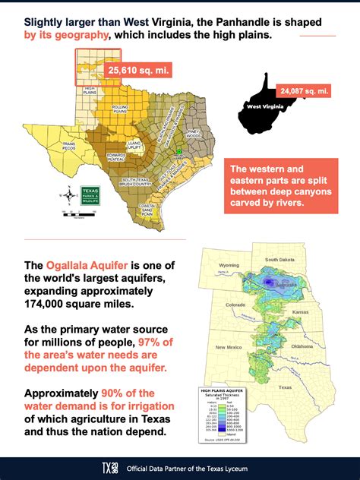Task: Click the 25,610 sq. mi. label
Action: click(x=137, y=71)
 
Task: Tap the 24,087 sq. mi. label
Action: click(x=304, y=90)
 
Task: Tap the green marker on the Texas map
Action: click(x=178, y=152)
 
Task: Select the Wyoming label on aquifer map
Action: click(x=229, y=266)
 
